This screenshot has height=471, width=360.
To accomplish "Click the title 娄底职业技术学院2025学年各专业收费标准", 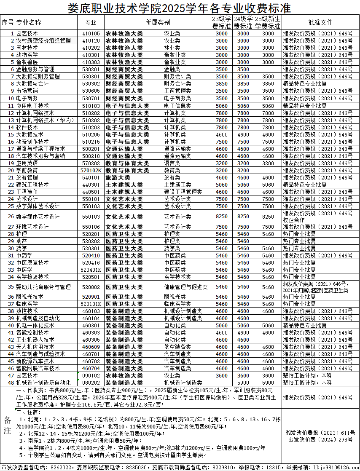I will [180, 8].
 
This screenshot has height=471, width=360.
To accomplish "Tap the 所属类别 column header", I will [155, 22].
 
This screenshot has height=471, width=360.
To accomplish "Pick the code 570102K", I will [91, 170].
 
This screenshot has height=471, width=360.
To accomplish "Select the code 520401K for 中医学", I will [91, 270].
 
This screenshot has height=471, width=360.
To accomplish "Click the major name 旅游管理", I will [27, 177].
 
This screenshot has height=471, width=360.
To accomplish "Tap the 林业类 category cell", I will [172, 48].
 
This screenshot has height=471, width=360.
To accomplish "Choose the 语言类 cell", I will [172, 163].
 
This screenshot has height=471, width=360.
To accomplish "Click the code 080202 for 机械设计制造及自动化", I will [91, 383].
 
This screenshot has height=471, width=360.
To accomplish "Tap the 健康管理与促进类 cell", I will [185, 287].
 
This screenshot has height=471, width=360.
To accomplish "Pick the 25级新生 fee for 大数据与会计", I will [268, 83].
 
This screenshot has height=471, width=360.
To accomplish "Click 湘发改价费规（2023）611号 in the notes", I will [320, 432].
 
